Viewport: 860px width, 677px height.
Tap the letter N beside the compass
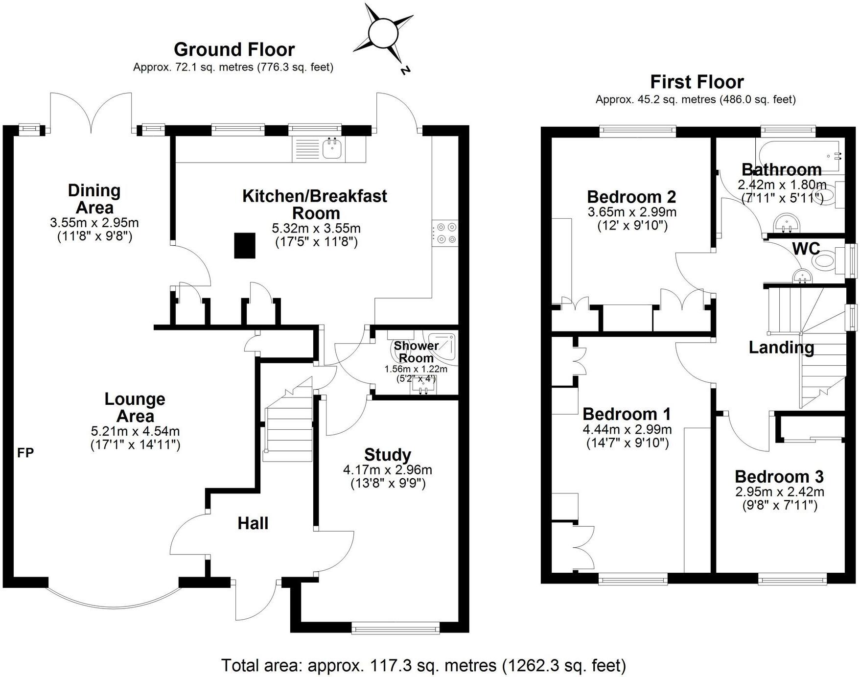tap(405, 70)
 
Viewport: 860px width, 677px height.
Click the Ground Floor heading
tap(234, 49)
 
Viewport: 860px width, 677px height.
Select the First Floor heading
tap(697, 82)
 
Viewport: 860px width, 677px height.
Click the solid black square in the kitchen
tap(245, 245)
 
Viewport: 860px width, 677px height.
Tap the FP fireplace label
tap(25, 453)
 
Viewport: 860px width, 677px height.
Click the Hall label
tap(253, 523)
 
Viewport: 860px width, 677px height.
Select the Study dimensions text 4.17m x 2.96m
tap(387, 470)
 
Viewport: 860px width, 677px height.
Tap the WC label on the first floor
tap(806, 249)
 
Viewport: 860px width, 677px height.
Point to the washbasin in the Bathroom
tap(787, 224)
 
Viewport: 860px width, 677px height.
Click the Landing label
tap(781, 348)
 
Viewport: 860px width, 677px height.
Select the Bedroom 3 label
tap(779, 476)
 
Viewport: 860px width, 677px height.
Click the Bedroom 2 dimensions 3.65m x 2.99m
tap(631, 212)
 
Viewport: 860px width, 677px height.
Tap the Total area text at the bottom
tap(423, 665)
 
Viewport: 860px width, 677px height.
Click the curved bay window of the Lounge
tap(114, 603)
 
